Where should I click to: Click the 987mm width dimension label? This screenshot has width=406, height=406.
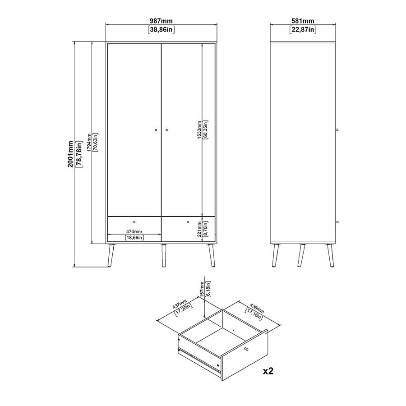(161, 21)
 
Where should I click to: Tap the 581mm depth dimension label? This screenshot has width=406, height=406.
(303, 21)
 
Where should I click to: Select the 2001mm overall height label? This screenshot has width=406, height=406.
(70, 154)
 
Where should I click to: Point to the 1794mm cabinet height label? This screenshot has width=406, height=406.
(89, 143)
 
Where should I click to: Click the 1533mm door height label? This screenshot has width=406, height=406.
(199, 130)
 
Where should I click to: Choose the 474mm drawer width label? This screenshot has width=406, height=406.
(134, 231)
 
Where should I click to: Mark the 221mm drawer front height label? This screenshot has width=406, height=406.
(199, 229)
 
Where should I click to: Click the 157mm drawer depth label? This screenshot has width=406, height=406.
(202, 289)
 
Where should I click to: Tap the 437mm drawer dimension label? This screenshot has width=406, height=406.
(180, 304)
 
